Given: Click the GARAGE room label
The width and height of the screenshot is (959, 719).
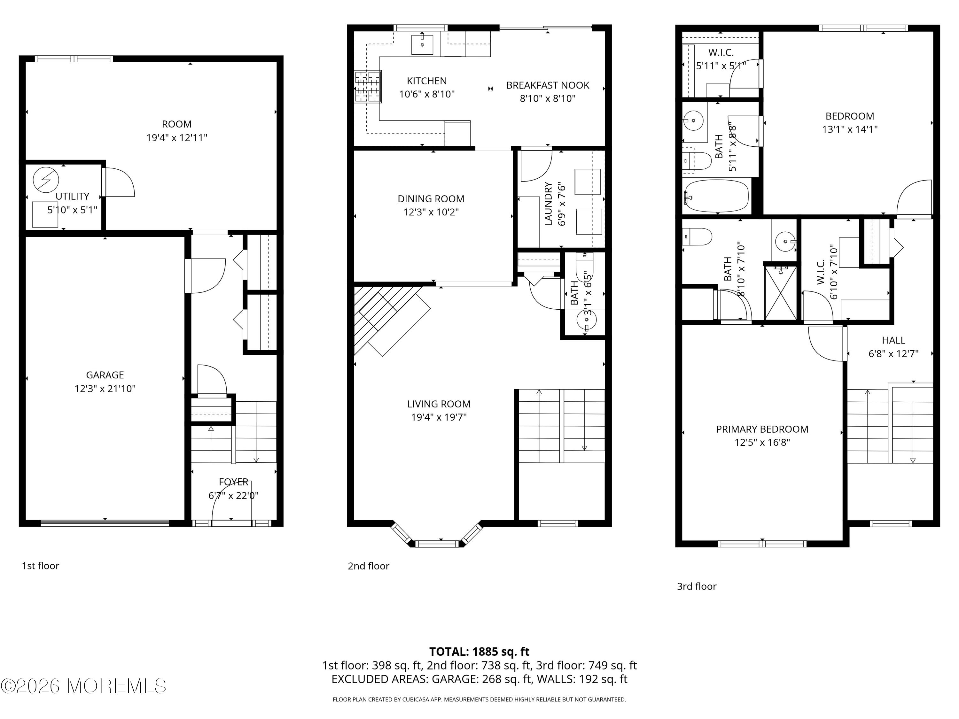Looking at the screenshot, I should [105, 375].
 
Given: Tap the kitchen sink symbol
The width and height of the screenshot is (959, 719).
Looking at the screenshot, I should [422, 44].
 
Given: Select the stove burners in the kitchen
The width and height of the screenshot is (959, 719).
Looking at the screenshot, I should [368, 87].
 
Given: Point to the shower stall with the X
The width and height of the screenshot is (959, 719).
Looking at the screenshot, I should [780, 293].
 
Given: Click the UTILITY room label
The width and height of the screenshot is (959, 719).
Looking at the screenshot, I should [72, 196].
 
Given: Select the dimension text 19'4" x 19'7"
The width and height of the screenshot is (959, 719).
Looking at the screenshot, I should [439, 417].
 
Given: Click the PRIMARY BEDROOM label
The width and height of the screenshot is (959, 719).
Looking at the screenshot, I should [762, 429].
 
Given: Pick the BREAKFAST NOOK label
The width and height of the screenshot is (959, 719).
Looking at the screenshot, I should [548, 85].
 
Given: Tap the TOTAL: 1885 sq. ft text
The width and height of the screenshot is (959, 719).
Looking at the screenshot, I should [479, 651].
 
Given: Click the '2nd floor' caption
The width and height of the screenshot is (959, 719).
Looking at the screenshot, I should [369, 566].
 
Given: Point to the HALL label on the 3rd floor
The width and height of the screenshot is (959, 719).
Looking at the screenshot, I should [893, 340].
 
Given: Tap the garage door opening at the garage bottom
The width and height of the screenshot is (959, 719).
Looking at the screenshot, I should [105, 523].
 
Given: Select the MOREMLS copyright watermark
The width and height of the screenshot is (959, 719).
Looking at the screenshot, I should [83, 686].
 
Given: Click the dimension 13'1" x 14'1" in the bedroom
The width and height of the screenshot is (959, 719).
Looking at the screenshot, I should [849, 129].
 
